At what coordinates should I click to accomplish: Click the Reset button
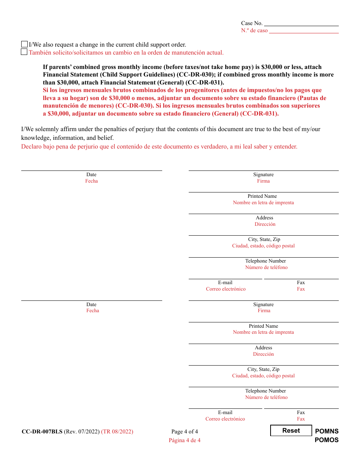[291, 431]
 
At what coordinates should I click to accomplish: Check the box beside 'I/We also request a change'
[24, 44]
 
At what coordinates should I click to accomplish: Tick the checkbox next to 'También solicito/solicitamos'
[24, 52]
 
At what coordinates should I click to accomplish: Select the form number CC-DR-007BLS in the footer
[42, 432]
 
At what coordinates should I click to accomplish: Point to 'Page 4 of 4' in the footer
[185, 432]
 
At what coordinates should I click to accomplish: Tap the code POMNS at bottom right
[327, 431]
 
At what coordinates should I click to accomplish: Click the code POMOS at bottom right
[327, 440]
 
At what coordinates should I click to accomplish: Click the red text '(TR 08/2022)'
[117, 432]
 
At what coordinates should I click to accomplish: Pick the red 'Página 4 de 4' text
[185, 440]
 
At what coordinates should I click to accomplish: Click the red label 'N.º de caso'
[254, 31]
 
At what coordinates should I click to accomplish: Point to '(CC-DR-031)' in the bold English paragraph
[208, 82]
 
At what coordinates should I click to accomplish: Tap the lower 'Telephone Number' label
[266, 391]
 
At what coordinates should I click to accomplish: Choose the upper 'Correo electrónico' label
[225, 289]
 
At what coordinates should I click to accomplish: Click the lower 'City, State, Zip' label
[263, 369]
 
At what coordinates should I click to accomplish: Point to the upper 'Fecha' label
[91, 181]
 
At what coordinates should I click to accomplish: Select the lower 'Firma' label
[264, 311]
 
